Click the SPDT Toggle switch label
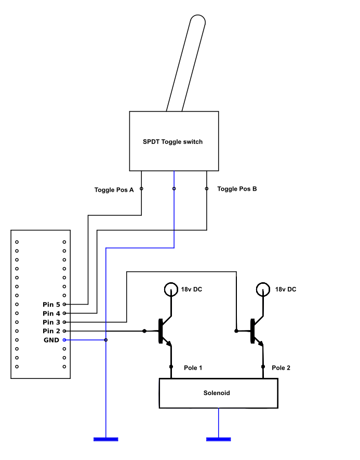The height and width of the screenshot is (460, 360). [172, 142]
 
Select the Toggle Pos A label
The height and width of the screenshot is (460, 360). [114, 190]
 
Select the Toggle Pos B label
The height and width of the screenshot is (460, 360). [237, 189]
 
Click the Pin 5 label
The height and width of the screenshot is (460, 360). [51, 304]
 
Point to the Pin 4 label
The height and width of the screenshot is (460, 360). [51, 313]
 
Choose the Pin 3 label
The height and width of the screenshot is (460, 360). [51, 322]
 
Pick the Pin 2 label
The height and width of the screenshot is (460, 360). [51, 331]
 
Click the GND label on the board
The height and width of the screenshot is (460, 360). [51, 340]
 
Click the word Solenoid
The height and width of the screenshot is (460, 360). [217, 393]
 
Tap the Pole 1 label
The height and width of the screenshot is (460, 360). [193, 368]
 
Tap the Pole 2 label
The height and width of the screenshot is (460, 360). [281, 368]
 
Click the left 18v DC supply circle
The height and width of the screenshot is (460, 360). [170, 289]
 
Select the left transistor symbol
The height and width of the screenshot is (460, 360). [163, 331]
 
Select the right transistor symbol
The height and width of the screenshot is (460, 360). [255, 331]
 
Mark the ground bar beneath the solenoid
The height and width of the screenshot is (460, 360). [218, 440]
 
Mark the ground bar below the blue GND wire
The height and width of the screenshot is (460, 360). [106, 440]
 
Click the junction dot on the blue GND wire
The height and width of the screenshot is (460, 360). [106, 340]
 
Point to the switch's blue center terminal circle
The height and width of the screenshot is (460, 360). [174, 189]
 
